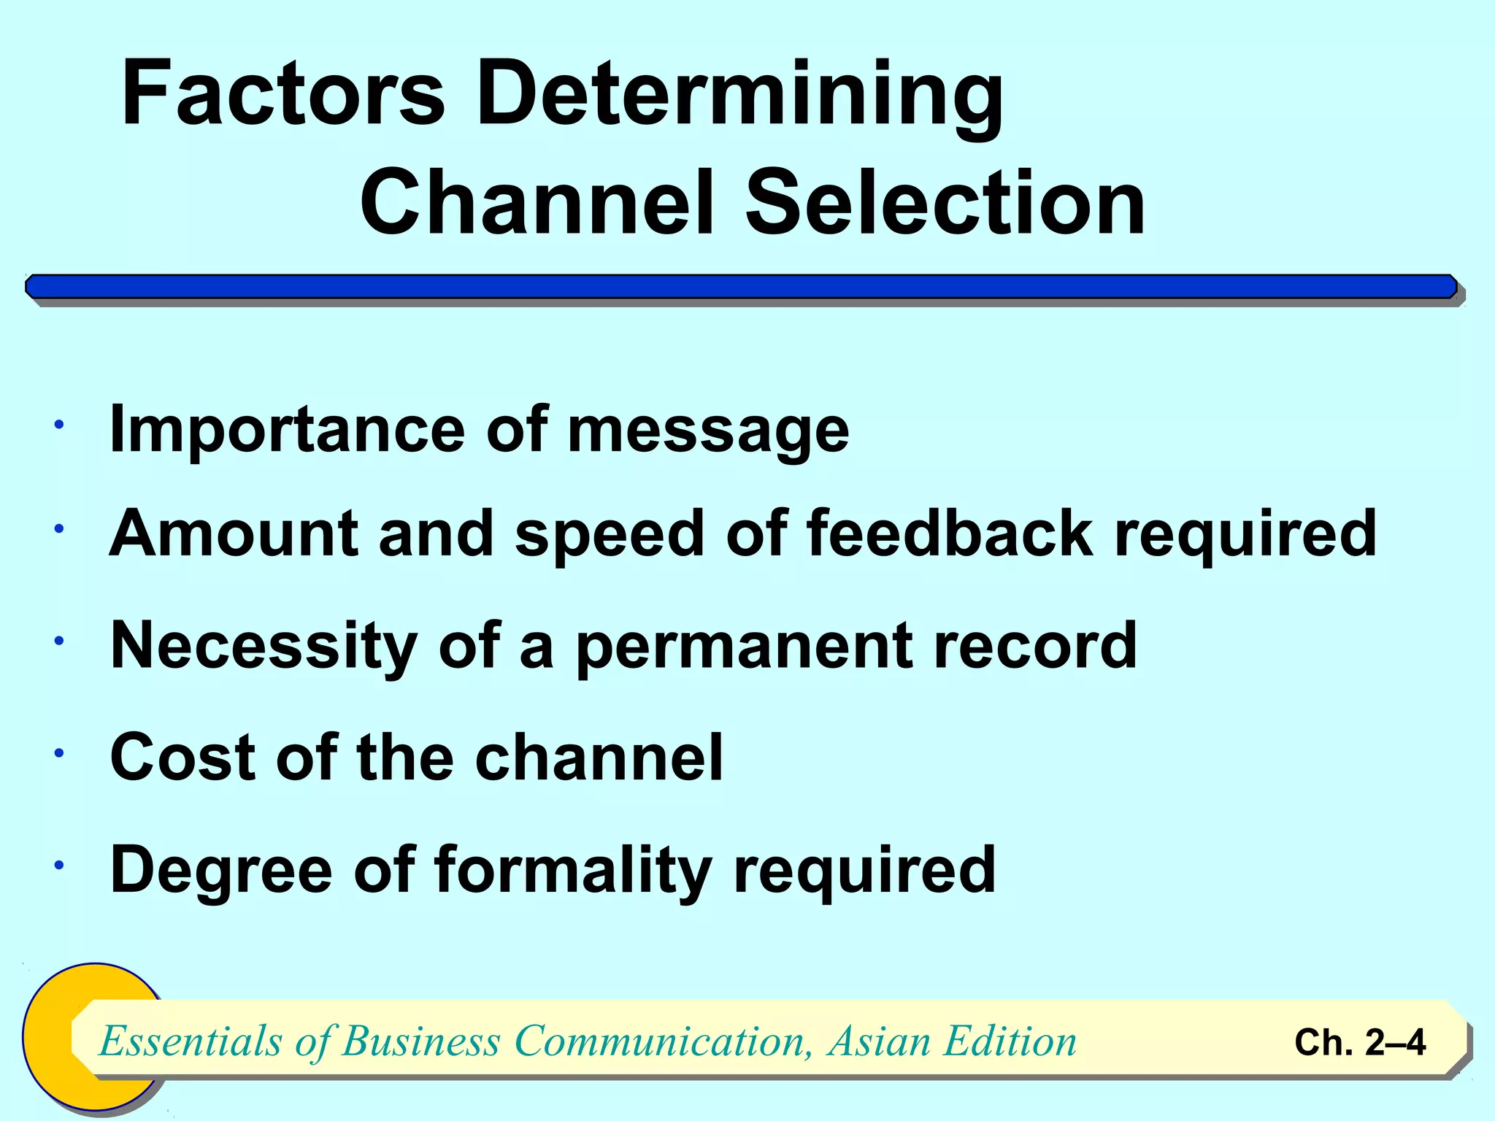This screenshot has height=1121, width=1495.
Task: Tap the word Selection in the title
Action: [x=945, y=202]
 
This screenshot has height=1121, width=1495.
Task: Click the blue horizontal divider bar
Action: [x=741, y=287]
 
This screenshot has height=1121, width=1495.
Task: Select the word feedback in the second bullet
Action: [x=950, y=533]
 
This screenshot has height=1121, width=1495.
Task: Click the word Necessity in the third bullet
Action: [x=264, y=646]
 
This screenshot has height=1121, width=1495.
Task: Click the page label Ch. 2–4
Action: [x=1359, y=1042]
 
